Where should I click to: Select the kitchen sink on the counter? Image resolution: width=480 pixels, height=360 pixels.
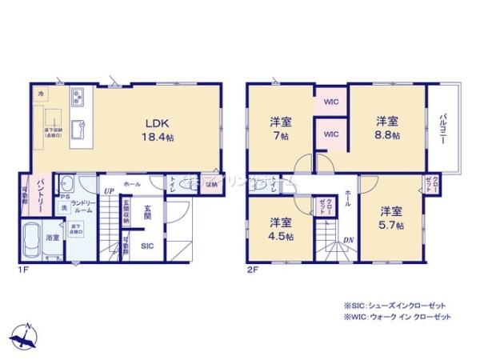[78, 129]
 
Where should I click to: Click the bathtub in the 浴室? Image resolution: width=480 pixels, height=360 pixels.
[32, 239]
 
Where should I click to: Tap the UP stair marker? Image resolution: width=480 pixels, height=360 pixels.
[107, 191]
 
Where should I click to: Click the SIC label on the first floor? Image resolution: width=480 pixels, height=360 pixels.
[147, 246]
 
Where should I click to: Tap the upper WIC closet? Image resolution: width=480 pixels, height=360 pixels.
[330, 103]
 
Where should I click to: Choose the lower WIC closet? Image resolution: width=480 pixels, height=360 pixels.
[330, 135]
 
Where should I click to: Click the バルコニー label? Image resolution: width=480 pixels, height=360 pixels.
[442, 127]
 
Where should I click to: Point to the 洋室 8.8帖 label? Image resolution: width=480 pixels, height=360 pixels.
[388, 128]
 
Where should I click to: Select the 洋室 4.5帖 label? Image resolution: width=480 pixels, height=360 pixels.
[279, 229]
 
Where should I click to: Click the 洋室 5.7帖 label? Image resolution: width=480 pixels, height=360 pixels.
[390, 218]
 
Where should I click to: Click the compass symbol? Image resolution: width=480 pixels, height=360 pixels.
[26, 334]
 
